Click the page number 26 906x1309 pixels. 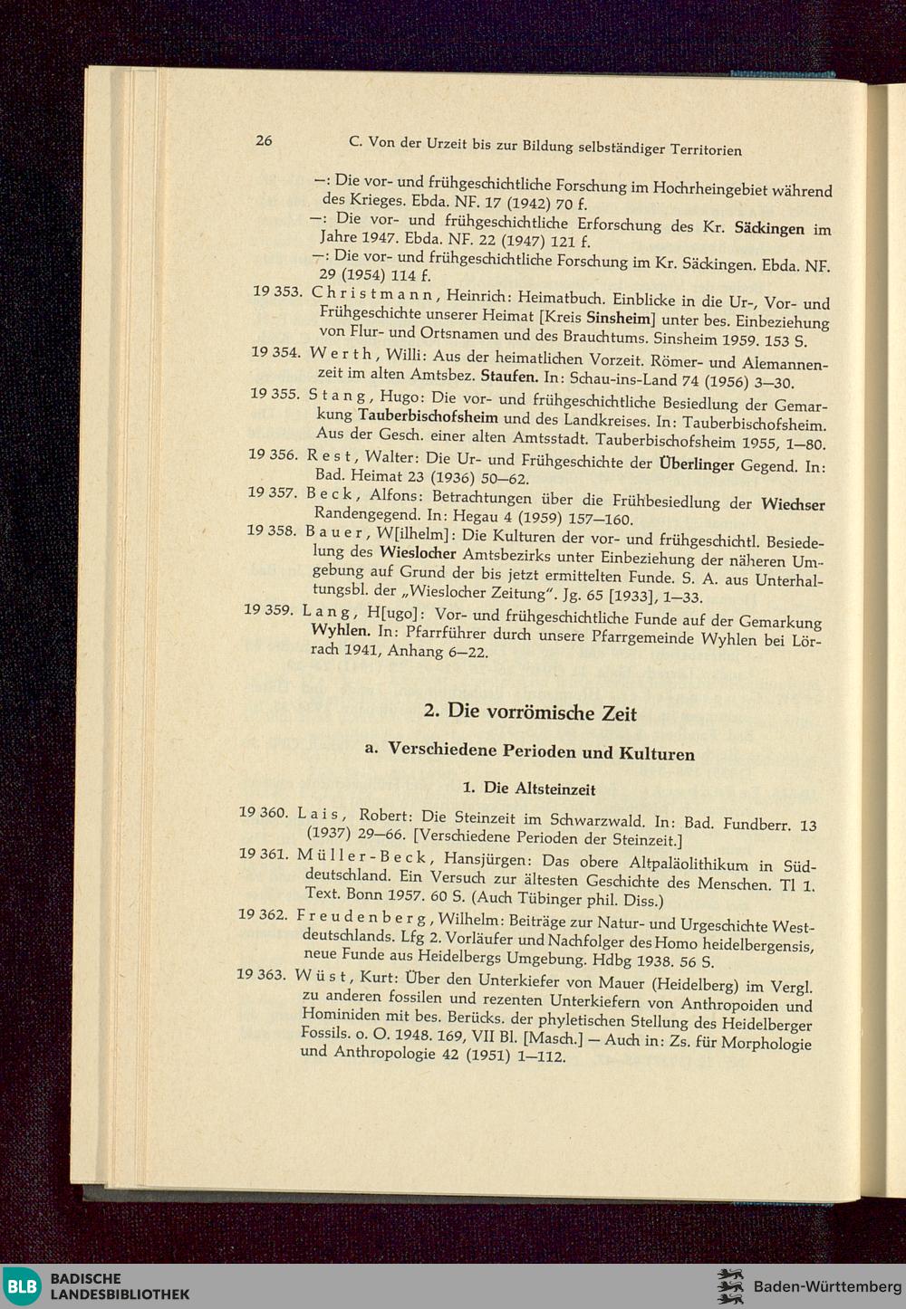(264, 140)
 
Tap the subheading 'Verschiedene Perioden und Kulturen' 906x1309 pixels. (541, 751)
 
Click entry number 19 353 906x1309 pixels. (276, 291)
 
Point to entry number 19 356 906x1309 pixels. (273, 454)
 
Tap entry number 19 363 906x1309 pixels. (261, 974)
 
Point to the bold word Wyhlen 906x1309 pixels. (341, 630)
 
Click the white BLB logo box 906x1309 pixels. (24, 1286)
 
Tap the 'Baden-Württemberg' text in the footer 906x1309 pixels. (828, 1286)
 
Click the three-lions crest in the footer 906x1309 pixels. (730, 1286)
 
